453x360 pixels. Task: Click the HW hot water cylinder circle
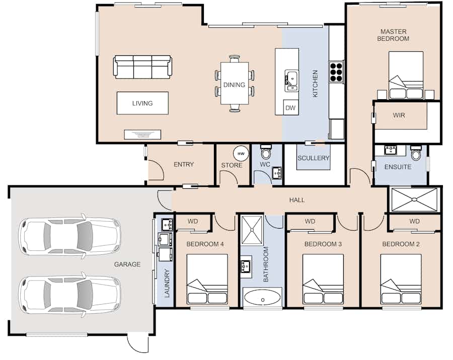coord(241,154)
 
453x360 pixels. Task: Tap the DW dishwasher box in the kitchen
coord(290,108)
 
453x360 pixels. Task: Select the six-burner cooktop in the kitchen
coord(336,71)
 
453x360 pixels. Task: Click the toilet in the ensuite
coord(416,152)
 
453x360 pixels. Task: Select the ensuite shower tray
coord(414,199)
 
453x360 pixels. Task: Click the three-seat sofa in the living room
coord(142,67)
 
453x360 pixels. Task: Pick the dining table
coord(234,83)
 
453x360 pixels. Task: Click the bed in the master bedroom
coord(406,76)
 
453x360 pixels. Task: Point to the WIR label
coord(399,115)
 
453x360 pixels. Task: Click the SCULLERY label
coord(314,158)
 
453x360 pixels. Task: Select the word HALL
coord(297,200)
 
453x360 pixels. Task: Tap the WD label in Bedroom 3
coord(310,222)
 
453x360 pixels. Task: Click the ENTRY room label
coord(184,165)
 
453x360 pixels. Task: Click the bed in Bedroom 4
coord(207,279)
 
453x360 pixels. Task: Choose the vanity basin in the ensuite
coord(391,150)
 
